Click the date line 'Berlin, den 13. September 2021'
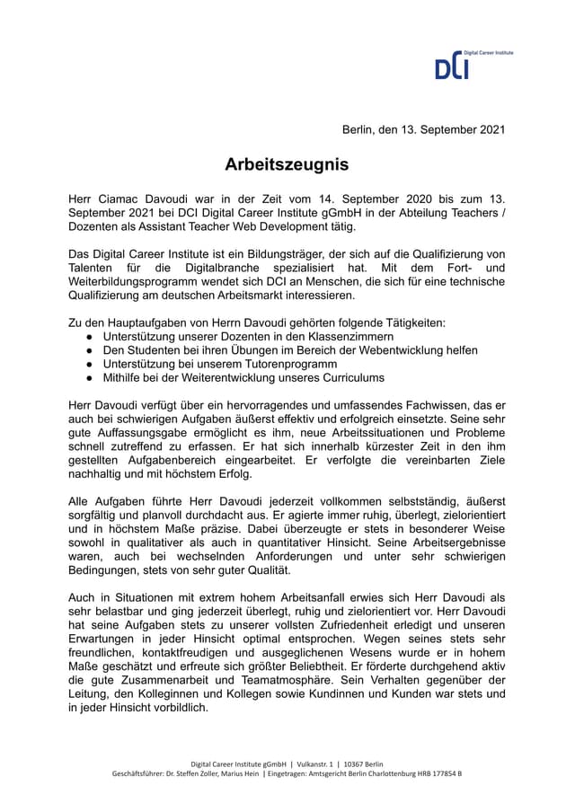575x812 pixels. pyautogui.click(x=424, y=129)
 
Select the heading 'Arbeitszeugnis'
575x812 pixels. pyautogui.click(x=287, y=165)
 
